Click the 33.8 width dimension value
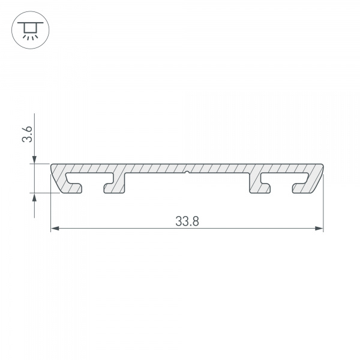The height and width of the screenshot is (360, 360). (187, 220)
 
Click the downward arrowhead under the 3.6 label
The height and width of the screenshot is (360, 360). (35, 158)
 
